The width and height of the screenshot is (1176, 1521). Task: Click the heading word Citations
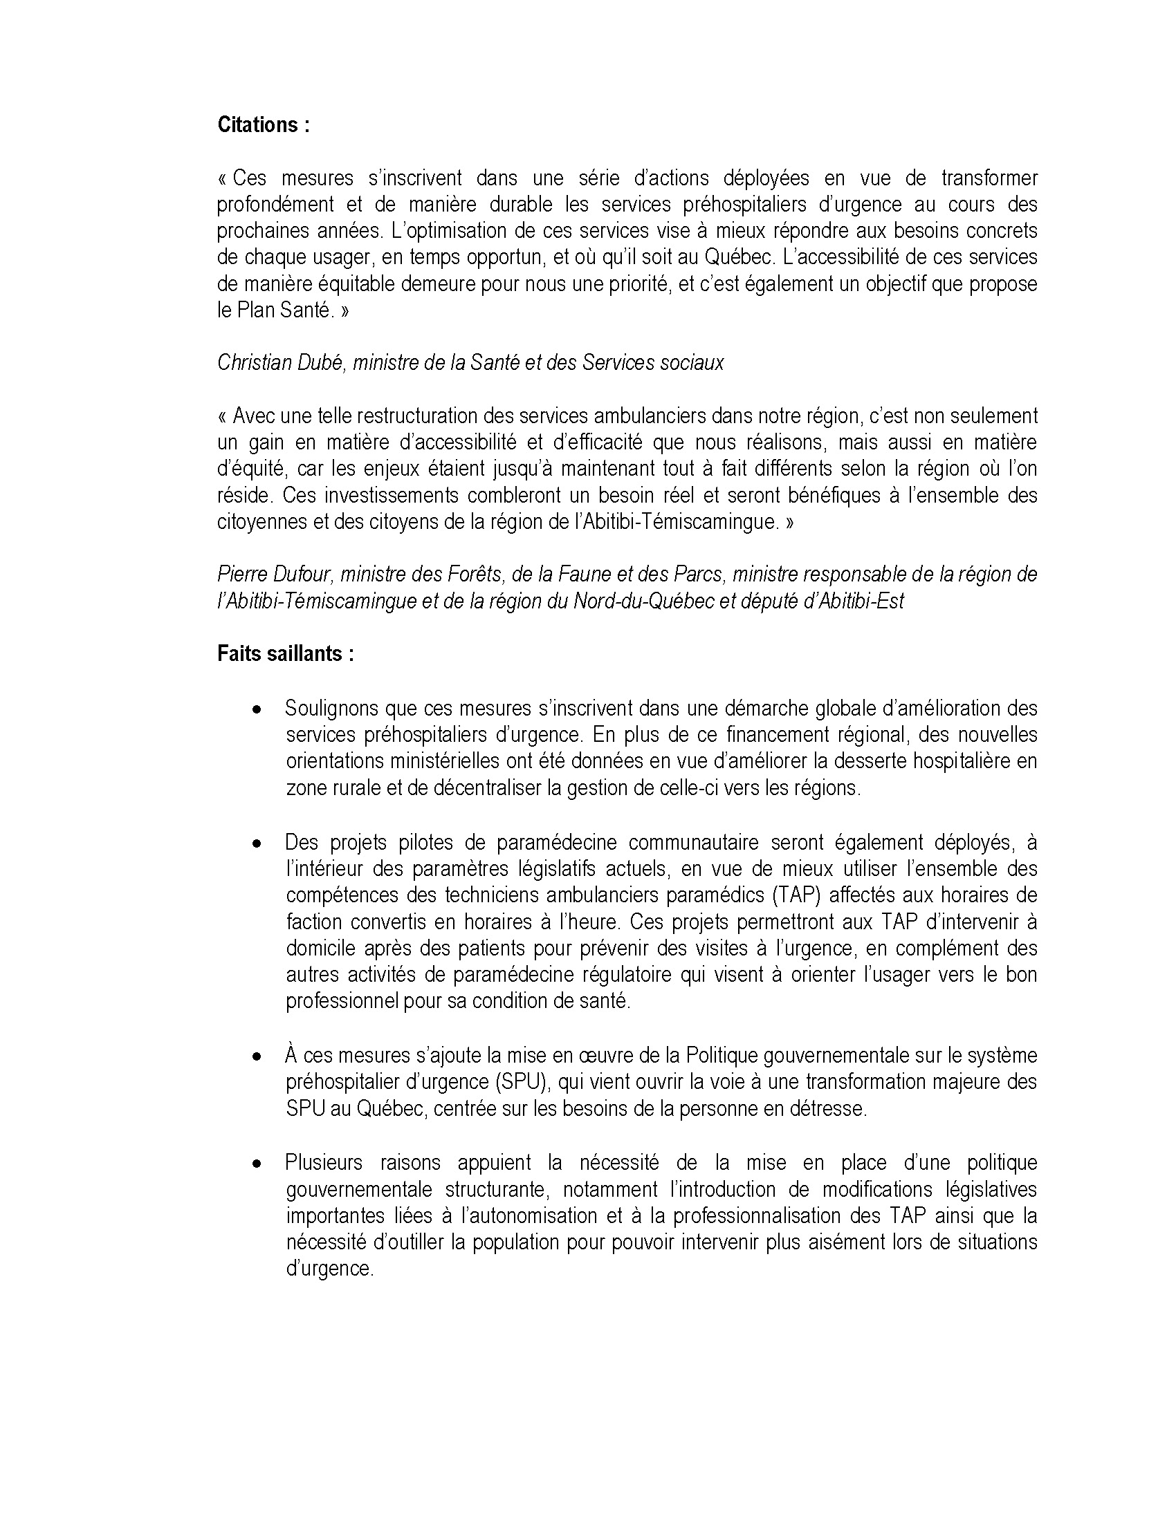pos(258,124)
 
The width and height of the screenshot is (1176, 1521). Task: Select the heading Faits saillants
pos(285,653)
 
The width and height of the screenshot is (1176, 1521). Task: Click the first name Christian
pos(247,362)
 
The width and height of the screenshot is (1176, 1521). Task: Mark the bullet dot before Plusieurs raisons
pos(258,1164)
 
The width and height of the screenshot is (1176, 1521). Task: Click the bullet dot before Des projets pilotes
pos(258,843)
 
